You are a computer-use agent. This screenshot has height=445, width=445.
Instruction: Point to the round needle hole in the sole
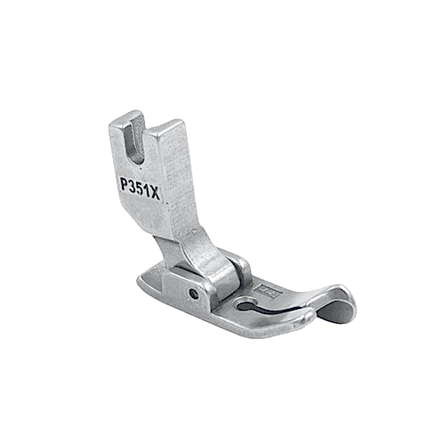pos(245,306)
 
